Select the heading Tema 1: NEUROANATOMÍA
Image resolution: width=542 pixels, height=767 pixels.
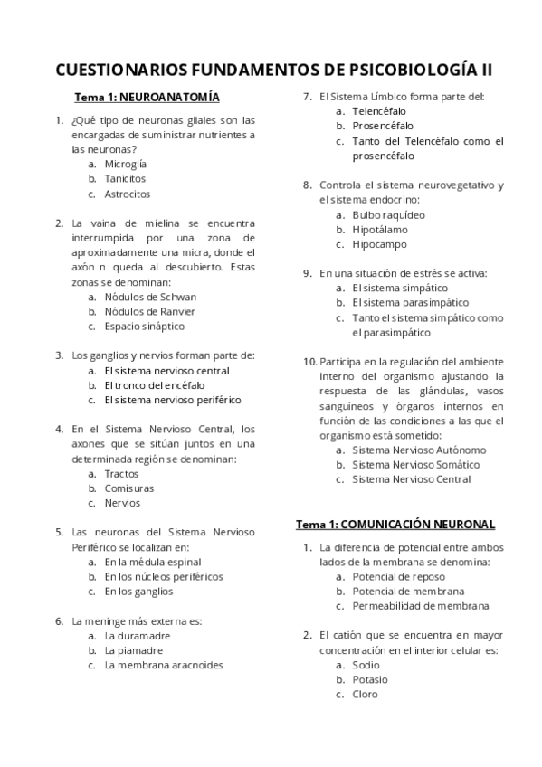[147, 97]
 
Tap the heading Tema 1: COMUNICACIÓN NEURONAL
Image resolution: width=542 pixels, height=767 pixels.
[395, 524]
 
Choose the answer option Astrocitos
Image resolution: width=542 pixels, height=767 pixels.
[128, 194]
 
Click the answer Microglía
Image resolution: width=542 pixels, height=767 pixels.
[126, 165]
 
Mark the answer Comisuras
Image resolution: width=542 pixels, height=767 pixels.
[128, 488]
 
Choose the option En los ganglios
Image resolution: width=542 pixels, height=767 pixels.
[138, 592]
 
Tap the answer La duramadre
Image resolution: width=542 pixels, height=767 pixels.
[138, 636]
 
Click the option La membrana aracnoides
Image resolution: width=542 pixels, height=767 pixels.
[164, 665]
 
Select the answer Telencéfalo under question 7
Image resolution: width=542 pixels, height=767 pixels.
[379, 111]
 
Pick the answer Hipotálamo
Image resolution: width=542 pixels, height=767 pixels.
[380, 230]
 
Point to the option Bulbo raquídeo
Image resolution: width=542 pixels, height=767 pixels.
[388, 215]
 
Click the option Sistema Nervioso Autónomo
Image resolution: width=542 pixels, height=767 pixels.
[419, 450]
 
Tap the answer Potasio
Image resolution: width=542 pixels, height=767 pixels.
[370, 679]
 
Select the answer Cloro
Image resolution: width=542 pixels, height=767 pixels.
[366, 694]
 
